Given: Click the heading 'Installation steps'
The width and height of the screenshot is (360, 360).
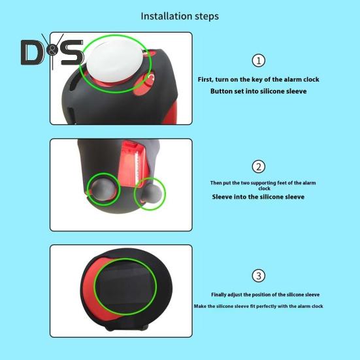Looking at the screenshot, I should pos(180,16).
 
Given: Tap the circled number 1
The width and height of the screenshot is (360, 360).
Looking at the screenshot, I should pos(259,61).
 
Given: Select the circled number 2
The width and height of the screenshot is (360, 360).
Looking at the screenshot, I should pos(259,167).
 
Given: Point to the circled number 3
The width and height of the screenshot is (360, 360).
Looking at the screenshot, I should pos(259,275).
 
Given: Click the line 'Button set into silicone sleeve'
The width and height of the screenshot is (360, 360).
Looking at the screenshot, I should pos(258,91).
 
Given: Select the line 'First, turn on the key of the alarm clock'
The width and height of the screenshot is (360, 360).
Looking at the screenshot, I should pos(259,80).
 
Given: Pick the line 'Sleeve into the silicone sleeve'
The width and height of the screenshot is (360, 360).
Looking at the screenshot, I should pos(258,196).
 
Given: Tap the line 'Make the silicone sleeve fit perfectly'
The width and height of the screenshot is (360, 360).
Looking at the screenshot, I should pos(259,306).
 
